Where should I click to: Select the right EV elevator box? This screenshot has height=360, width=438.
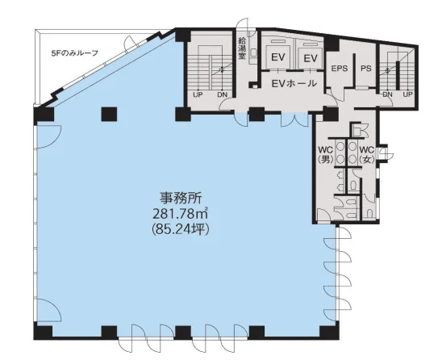[x=308, y=57]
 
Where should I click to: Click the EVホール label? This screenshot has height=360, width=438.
[x=293, y=82]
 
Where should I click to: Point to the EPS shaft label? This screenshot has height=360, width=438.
[x=340, y=69]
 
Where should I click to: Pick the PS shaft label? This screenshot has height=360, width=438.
[x=365, y=69]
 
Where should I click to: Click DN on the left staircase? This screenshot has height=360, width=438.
[x=222, y=94]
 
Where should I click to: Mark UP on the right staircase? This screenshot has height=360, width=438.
[x=407, y=94]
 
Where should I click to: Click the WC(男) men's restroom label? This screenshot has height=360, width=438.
[x=326, y=154]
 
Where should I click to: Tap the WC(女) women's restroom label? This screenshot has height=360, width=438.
[x=367, y=154]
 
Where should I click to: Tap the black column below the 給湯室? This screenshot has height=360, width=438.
[x=256, y=114]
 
